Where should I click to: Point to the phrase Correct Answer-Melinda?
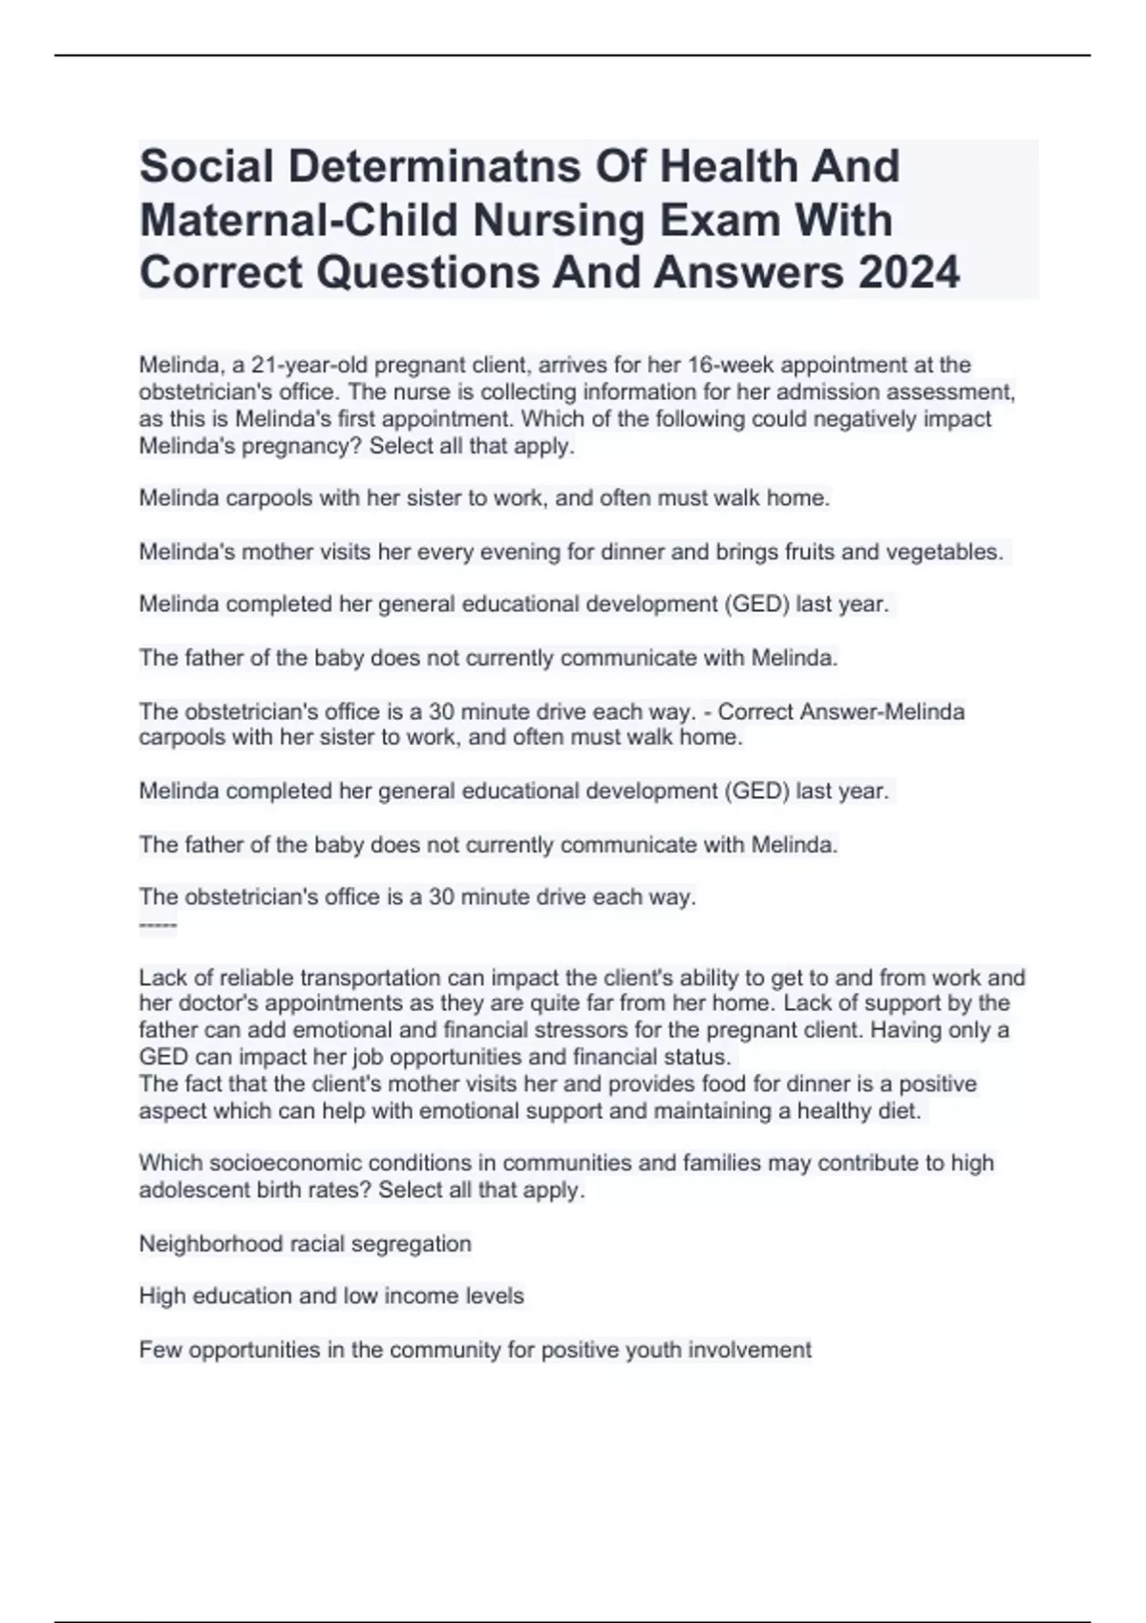[841, 711]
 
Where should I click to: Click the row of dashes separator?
[158, 924]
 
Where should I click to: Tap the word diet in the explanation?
[899, 1111]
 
